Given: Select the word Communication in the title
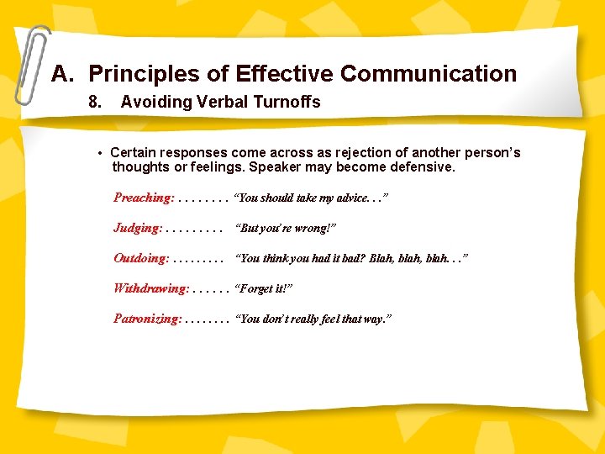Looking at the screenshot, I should coord(429,74).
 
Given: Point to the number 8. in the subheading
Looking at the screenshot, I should coord(96,103).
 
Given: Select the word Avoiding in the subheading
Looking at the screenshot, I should coord(156,103).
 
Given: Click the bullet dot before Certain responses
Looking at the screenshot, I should coord(99,154).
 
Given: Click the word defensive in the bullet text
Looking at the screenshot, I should coord(419,166).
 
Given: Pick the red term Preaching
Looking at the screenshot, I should coord(144,198).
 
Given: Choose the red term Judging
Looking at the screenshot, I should coord(138,228).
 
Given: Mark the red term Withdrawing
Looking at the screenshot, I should coord(151,288).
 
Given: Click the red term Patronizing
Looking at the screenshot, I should coord(147,319).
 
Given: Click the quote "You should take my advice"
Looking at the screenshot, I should coord(311,198).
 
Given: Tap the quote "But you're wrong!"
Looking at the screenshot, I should coord(287,229).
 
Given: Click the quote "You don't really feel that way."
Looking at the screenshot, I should coord(314,319).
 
